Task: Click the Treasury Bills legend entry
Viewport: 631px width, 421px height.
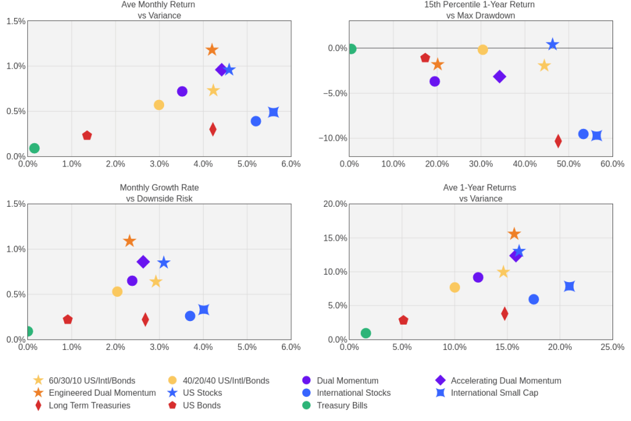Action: point(342,406)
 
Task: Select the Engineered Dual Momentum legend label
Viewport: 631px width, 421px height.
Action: point(102,393)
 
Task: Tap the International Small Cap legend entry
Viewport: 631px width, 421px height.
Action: point(494,393)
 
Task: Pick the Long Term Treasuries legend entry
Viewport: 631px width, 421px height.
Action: point(89,406)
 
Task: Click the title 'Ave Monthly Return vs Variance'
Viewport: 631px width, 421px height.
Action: point(159,10)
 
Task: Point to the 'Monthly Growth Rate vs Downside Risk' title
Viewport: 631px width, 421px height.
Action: point(159,193)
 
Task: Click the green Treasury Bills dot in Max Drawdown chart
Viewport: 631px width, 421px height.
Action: point(351,49)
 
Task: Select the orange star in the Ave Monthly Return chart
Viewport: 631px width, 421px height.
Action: point(212,49)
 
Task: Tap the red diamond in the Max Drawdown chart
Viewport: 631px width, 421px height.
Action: point(558,141)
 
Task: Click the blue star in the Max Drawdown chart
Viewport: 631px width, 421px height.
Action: point(552,44)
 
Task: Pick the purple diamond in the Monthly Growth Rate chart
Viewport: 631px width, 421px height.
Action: point(143,262)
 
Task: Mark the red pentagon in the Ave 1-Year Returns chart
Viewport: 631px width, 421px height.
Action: point(403,320)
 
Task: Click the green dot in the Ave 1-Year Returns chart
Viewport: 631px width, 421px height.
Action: point(366,333)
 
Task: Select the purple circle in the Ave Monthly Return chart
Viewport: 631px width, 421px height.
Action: point(182,91)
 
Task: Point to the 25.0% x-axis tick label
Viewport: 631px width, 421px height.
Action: point(612,347)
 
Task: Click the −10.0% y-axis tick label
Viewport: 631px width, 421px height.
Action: point(332,138)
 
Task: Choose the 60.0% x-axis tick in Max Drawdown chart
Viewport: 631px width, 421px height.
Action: point(612,164)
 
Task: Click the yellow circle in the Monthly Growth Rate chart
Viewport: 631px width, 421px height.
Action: point(117,291)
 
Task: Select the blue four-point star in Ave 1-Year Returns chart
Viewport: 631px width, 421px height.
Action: point(569,286)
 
